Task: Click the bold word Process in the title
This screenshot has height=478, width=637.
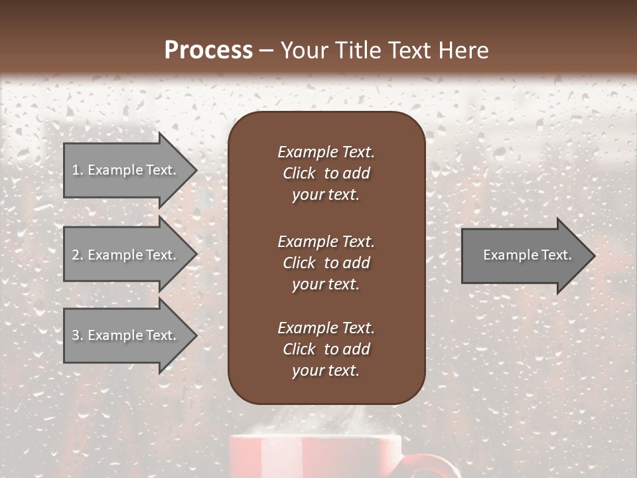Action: [208, 50]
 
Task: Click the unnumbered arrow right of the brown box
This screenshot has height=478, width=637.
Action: [524, 255]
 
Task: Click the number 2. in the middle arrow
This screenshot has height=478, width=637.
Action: [78, 255]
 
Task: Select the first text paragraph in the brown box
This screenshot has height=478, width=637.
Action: [326, 173]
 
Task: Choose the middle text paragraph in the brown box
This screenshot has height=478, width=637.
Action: [326, 262]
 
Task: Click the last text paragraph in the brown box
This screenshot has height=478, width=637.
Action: [326, 349]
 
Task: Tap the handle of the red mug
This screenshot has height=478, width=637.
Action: [431, 462]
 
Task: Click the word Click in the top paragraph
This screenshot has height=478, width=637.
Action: [299, 173]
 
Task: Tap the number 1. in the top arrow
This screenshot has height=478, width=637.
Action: [78, 170]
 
